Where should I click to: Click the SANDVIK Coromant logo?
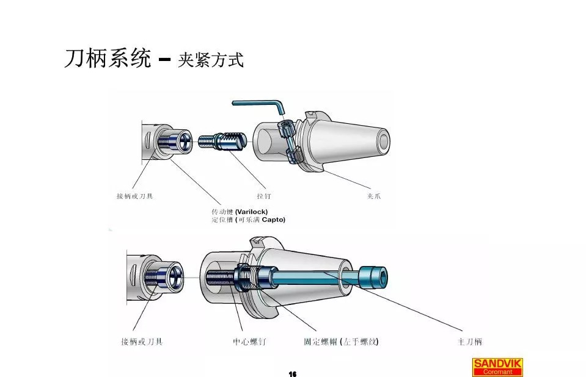(498, 366)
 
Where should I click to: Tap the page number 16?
(292, 373)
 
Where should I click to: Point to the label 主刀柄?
(470, 342)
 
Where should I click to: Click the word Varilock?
(251, 211)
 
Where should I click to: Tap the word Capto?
(273, 219)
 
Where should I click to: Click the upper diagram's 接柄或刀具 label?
(134, 196)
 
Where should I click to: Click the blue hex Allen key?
(260, 105)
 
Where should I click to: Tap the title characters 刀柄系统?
(107, 59)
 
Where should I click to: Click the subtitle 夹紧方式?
(211, 60)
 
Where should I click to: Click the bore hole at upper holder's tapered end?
(383, 141)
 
